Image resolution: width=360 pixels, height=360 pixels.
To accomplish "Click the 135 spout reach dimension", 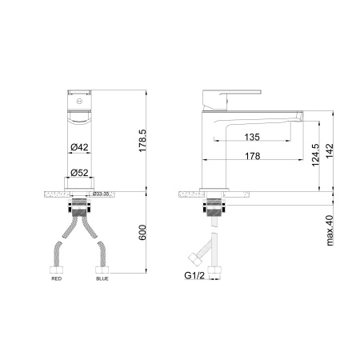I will click(x=251, y=136).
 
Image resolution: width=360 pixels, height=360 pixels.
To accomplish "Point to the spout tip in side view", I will click(x=300, y=118).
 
